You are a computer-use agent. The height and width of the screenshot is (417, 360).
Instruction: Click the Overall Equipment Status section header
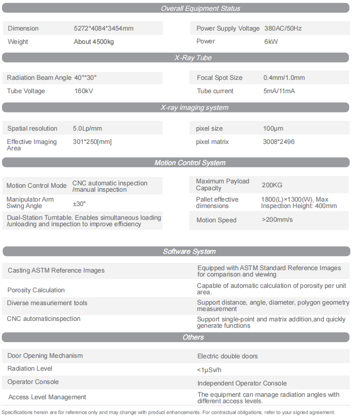coord(200,8)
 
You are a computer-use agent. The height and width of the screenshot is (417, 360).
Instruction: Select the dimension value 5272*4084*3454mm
coord(103,29)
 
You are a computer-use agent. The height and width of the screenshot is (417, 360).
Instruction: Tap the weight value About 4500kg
coord(94,42)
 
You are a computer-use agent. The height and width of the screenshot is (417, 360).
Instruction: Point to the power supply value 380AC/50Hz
coord(283,29)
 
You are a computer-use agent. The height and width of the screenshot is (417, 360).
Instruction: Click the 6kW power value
coord(271,42)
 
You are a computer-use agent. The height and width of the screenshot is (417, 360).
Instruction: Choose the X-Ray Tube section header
coord(193,58)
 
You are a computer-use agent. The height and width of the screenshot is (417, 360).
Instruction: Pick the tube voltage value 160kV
coord(83,91)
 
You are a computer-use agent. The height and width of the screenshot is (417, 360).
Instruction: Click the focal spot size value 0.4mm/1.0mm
coord(284,78)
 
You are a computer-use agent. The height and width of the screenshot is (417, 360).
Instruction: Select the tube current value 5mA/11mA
coord(279,91)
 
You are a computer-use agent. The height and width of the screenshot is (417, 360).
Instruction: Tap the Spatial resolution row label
coord(33,129)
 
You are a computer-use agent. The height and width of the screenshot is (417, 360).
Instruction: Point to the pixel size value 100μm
coord(273,129)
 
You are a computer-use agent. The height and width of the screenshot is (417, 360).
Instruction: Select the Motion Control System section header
coord(190,163)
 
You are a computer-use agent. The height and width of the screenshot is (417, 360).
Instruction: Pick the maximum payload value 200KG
coord(272,185)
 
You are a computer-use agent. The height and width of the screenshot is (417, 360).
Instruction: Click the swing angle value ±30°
coord(79,204)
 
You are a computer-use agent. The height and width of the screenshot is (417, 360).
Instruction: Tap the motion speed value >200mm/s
coord(277,220)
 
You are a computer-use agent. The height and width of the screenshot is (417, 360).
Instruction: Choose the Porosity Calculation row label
coord(36,290)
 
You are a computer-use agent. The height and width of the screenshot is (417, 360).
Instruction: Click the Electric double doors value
coord(228,356)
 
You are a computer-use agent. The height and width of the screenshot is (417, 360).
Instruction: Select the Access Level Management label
coord(47,397)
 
